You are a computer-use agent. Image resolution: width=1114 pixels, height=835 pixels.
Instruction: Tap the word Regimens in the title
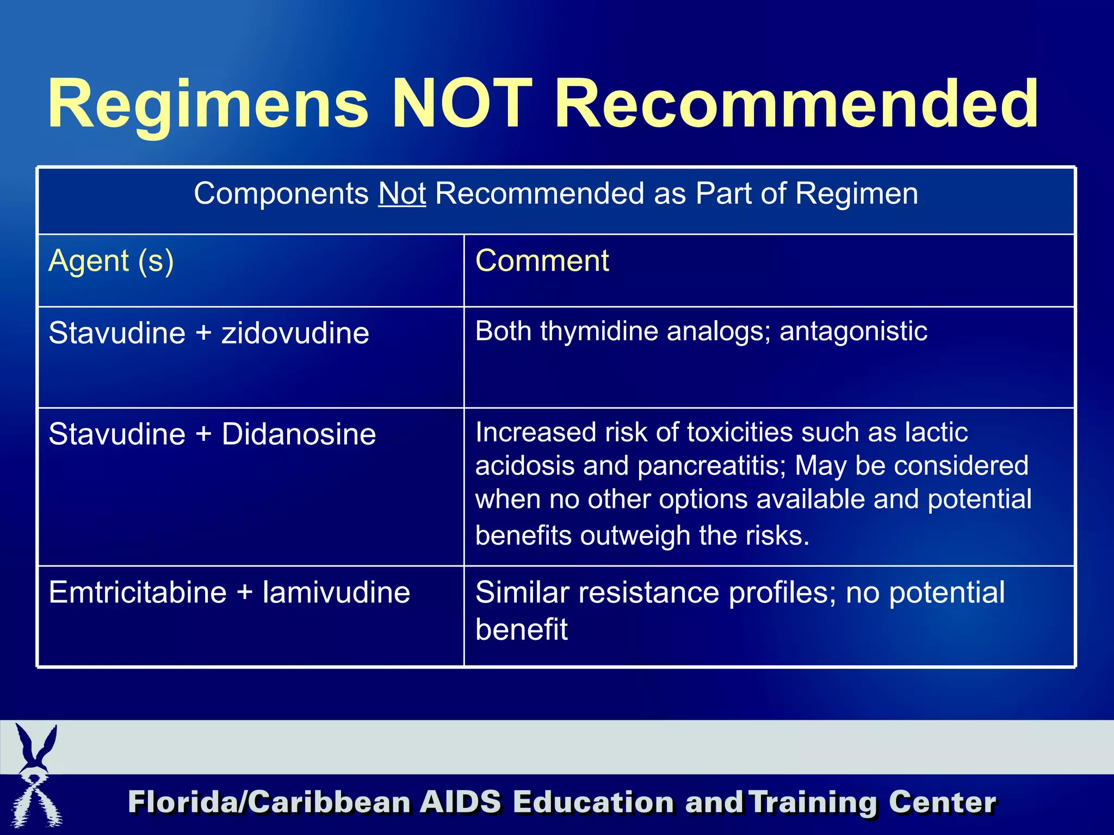(x=208, y=104)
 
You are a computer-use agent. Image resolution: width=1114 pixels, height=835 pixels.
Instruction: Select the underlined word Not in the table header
(x=402, y=194)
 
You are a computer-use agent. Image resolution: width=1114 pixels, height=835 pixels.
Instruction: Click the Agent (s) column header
(x=111, y=261)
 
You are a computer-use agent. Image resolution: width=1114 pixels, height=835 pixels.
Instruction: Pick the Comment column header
(x=542, y=261)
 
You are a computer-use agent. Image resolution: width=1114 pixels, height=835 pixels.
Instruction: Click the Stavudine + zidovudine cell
(x=209, y=333)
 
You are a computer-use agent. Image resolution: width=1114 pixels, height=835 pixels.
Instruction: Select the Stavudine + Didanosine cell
(x=212, y=434)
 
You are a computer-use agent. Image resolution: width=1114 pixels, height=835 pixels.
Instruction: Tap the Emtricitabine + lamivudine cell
(x=229, y=592)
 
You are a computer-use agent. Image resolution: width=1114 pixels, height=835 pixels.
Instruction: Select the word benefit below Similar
(x=521, y=630)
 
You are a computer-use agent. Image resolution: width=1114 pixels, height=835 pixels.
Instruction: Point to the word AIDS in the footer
(x=460, y=802)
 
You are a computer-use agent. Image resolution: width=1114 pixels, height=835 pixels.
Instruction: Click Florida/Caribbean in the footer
(x=269, y=802)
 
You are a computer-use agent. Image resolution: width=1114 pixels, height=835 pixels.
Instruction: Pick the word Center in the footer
(x=942, y=802)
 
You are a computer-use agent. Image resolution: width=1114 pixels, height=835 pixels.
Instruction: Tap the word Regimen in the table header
(x=857, y=194)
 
